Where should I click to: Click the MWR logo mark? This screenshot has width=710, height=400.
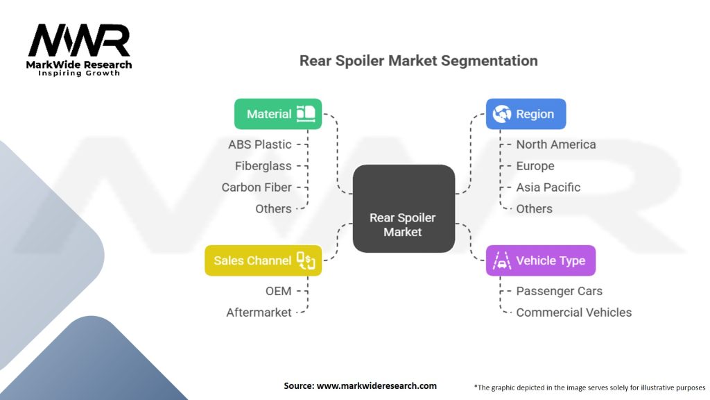[79, 40]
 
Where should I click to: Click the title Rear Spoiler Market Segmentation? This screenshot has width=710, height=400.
[418, 61]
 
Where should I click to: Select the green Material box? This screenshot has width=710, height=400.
[278, 114]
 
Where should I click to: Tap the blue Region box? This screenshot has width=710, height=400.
[526, 114]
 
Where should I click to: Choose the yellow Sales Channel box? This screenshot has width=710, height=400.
[263, 260]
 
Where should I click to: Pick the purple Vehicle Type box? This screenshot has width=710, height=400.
[541, 260]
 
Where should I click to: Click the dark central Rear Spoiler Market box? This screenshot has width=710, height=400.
[404, 208]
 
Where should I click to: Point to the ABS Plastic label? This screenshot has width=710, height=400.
[260, 144]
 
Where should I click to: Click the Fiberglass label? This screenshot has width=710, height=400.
[263, 166]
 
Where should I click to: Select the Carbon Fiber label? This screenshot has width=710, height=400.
[257, 187]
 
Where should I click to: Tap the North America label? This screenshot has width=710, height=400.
[556, 144]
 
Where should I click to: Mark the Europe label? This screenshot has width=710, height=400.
[535, 166]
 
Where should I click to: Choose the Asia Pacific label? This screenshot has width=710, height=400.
[548, 187]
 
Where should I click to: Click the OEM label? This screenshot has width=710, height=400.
[279, 291]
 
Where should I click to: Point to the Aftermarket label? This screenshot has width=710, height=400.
[259, 312]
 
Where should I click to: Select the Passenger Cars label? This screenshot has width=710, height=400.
[560, 291]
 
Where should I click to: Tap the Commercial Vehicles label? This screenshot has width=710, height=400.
[573, 312]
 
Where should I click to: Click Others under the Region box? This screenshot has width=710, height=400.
[535, 208]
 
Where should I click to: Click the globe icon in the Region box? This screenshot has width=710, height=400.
[502, 114]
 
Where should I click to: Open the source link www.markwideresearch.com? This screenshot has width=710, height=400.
[376, 386]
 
